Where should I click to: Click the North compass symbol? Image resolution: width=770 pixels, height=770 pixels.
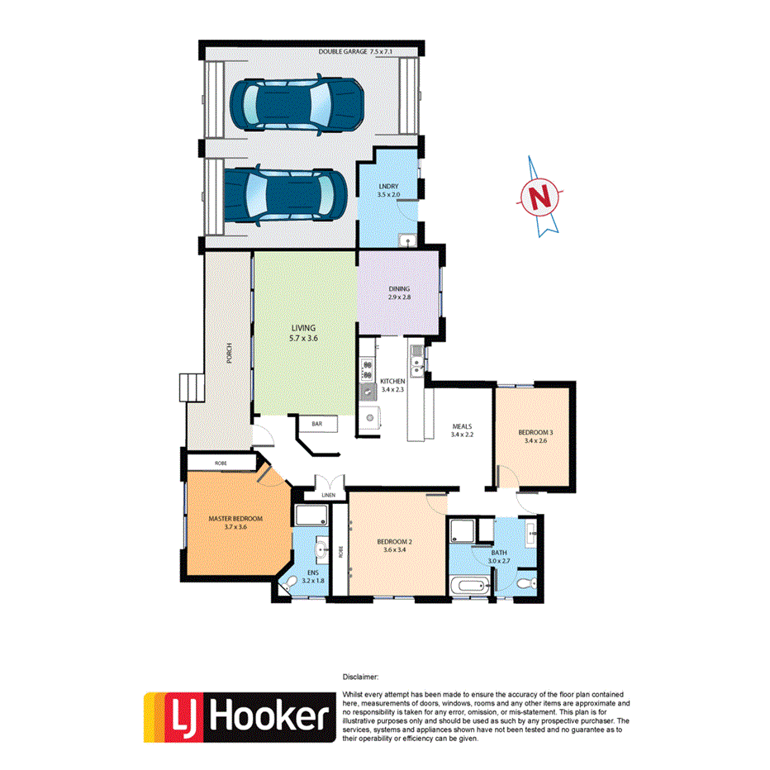pos(540,197)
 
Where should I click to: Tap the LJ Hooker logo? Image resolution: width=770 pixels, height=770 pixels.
pos(237,716)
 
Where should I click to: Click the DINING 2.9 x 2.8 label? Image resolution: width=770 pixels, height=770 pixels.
pos(399,292)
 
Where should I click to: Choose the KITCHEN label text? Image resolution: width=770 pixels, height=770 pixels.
pos(392,381)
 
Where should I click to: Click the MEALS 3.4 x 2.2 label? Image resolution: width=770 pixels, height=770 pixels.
pos(461,430)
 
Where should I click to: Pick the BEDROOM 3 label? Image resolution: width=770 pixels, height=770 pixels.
pos(535,436)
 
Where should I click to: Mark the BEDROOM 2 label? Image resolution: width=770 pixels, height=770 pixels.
pos(394,546)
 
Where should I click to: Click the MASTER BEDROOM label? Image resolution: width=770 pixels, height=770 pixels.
pos(235,522)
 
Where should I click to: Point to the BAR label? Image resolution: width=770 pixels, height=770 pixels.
pos(316,424)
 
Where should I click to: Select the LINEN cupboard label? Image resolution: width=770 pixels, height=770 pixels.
pos(329,495)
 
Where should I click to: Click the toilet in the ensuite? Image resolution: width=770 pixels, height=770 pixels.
pos(288,584)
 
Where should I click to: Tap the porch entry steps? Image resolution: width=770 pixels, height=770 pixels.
pos(190,387)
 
